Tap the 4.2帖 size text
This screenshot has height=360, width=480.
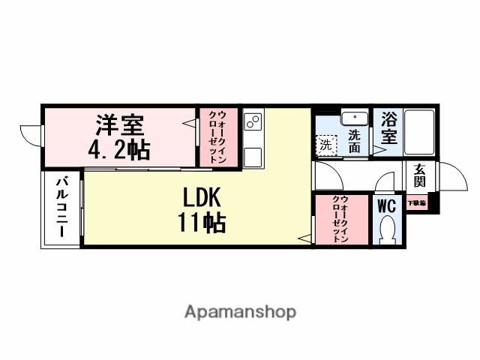[x=118, y=148]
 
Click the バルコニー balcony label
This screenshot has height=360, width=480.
[x=63, y=208]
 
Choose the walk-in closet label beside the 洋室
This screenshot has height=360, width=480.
[x=217, y=137]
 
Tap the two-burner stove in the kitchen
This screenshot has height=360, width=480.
[x=253, y=122]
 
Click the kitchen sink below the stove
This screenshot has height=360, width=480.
[x=253, y=156]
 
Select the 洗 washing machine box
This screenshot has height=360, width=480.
[x=325, y=145]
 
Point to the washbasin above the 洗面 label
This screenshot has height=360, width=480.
[x=353, y=118]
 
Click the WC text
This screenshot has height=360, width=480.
[x=387, y=205]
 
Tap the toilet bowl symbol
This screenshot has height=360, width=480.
[x=388, y=229]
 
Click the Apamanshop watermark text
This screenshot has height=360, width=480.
[x=240, y=311]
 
